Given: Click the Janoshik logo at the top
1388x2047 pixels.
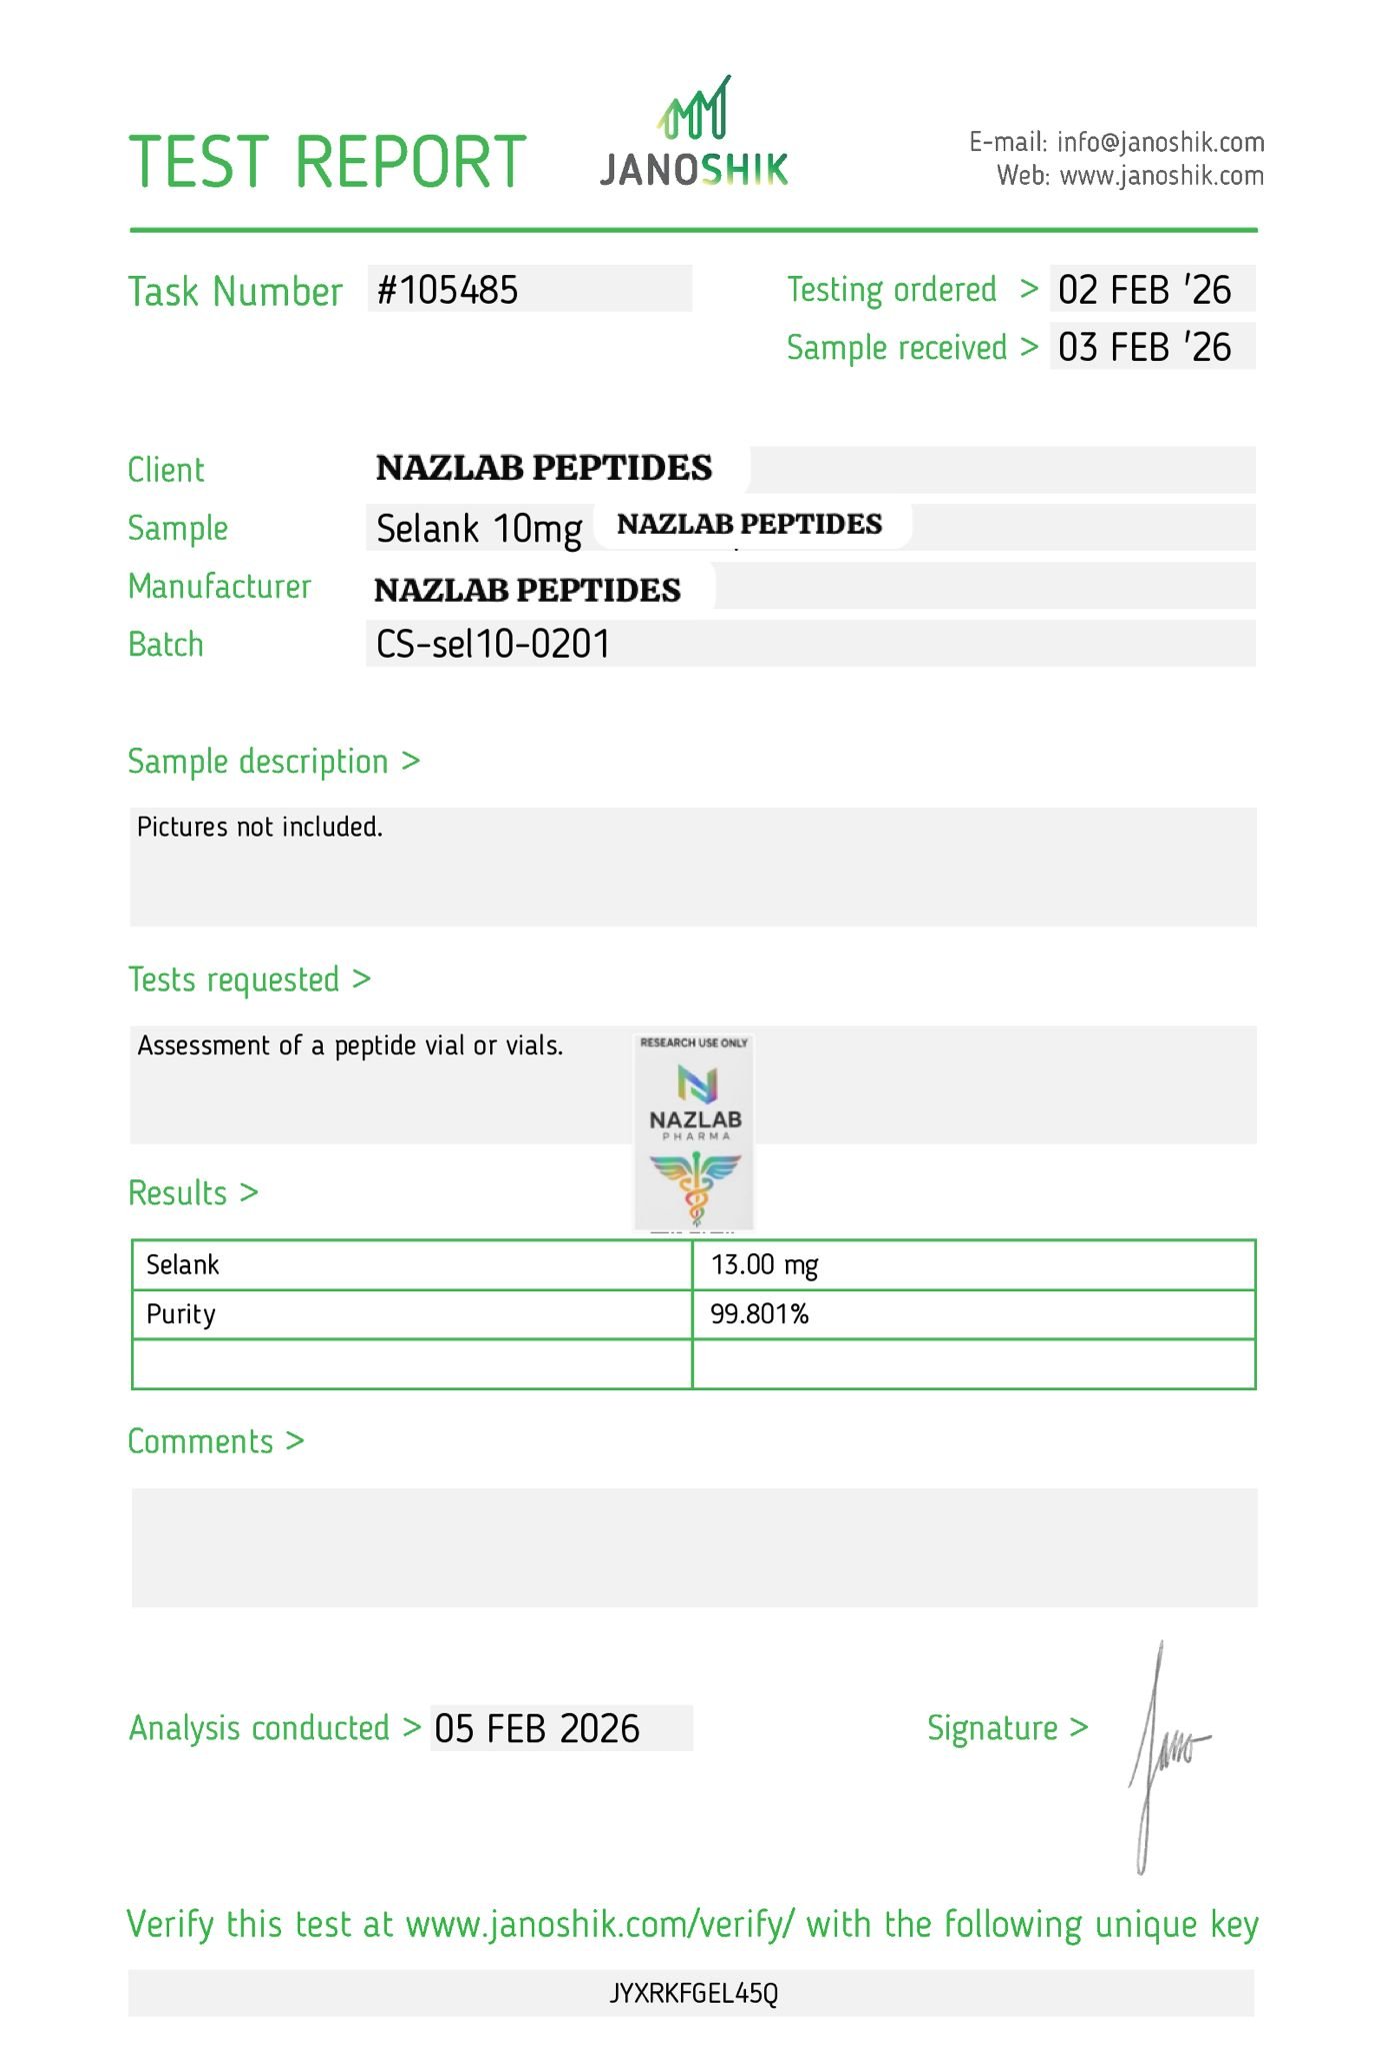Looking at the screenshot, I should pos(694,133).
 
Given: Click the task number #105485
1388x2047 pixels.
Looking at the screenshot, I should pos(448,290).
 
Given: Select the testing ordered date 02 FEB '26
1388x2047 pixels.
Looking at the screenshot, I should pos(1144,290).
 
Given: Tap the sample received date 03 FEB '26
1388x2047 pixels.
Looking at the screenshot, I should pos(1144,348).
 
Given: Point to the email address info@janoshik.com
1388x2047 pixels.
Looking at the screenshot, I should pos(1160,142).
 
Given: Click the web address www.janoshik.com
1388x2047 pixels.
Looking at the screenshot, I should pos(1161,176).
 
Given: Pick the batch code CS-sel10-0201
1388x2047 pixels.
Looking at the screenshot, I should pos(492,644).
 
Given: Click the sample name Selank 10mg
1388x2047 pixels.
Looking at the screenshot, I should pos(479,529).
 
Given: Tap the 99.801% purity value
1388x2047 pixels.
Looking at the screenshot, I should pos(759,1314).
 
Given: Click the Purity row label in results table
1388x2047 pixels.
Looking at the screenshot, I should pos(181,1314).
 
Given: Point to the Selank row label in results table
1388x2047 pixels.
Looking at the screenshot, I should pos(183,1265).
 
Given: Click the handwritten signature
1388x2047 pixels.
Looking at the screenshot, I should pos(1164,1757).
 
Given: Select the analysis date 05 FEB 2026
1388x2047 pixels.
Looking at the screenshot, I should pos(537,1729).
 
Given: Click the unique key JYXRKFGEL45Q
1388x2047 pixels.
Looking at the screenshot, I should pos(693,1994).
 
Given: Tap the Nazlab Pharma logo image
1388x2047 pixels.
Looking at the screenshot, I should pos(694,1130).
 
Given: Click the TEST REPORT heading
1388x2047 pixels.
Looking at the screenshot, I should pos(327,162).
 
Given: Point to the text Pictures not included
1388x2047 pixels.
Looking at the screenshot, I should pos(260,828).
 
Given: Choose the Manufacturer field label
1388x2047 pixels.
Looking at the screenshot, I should pos(219,587).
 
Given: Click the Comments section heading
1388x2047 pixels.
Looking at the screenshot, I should pos(215,1441).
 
